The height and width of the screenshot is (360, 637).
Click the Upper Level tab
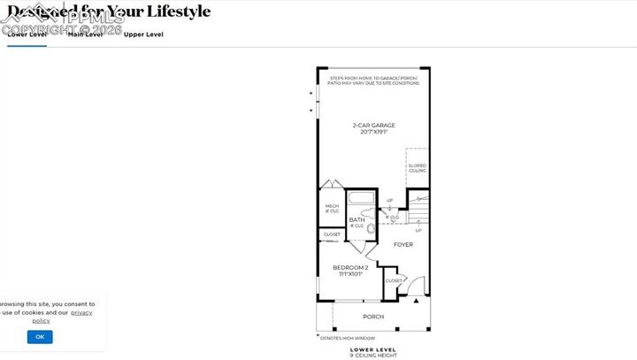click(x=143, y=34)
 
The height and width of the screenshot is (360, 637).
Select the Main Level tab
click(x=86, y=34)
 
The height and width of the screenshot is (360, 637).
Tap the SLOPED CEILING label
click(x=417, y=168)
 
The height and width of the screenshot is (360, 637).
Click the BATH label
click(x=357, y=219)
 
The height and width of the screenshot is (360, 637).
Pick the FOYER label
click(x=403, y=244)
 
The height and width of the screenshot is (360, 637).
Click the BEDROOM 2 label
click(x=349, y=267)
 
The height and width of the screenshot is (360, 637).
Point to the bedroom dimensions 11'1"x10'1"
click(x=349, y=274)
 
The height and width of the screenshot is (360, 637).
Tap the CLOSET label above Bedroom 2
click(x=332, y=234)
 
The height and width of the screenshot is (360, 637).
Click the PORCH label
click(x=373, y=317)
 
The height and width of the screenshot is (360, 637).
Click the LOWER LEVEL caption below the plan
click(x=372, y=349)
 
